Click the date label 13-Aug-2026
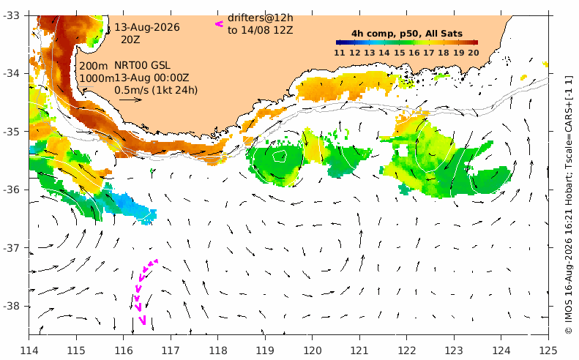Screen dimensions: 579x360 (147, 27)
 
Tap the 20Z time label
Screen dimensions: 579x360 (130, 40)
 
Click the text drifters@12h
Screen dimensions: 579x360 (261, 18)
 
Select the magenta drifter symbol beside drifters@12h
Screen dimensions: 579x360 (220, 24)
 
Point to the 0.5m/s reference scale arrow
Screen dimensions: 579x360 (131, 100)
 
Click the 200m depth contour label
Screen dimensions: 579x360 (94, 66)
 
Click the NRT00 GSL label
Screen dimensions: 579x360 (142, 66)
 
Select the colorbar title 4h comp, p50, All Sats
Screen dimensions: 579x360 (407, 34)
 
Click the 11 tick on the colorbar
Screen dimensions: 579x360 (340, 53)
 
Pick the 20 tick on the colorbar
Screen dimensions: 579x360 (474, 53)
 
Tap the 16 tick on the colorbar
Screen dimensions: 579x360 (414, 53)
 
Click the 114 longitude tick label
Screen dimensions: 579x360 (29, 350)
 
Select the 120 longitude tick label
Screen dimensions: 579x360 (312, 350)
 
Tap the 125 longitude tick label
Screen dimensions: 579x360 (548, 350)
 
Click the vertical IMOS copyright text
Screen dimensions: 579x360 (569, 205)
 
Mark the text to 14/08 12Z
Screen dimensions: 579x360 (261, 30)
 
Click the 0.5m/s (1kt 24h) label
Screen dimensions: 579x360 (156, 90)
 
